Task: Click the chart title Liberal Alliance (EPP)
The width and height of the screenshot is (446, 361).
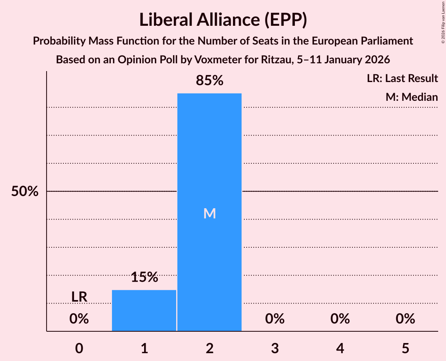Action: point(223,20)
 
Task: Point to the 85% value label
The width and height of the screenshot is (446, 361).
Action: point(209,81)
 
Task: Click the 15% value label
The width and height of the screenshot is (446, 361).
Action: point(144,277)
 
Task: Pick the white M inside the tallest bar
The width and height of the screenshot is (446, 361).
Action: point(209,213)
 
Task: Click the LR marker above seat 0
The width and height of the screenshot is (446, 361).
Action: point(79,297)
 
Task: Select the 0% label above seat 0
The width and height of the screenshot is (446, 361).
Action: point(79,319)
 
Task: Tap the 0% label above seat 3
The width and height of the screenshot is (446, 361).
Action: point(274,319)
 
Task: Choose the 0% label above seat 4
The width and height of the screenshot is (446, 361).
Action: point(340,319)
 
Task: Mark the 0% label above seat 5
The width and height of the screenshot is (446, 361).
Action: point(405,319)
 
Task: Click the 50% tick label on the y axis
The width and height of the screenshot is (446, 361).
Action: point(25,191)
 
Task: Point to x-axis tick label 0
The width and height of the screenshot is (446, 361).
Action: point(79,348)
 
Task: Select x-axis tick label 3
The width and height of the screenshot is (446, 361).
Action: point(274,348)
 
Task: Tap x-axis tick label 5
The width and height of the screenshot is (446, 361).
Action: point(405,348)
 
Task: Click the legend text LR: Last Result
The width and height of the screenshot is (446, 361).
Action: point(402,79)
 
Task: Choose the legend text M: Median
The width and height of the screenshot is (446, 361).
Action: point(412,97)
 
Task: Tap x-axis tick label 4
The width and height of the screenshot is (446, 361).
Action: point(340,348)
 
